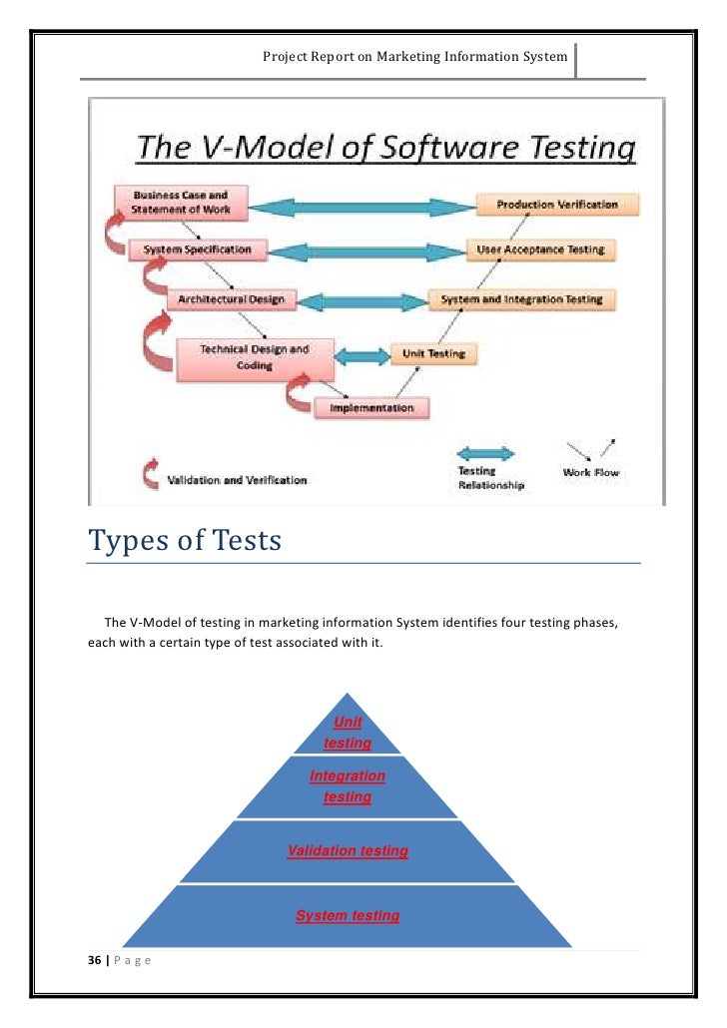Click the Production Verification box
557,205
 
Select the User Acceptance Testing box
540,250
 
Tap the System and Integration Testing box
522,298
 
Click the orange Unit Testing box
433,353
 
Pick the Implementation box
371,407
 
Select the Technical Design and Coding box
255,358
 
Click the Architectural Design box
231,298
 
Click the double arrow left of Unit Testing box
361,355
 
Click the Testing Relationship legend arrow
485,453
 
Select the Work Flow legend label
590,472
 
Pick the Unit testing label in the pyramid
348,733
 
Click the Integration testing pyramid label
348,786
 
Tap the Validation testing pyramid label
348,850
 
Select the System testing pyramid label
348,915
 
